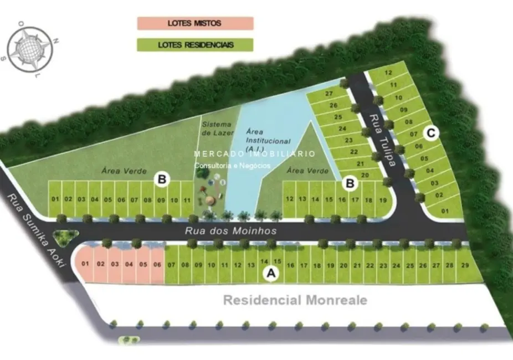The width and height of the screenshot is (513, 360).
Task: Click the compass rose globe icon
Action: click(32, 49)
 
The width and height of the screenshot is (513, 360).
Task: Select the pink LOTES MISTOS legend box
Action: click(195, 23)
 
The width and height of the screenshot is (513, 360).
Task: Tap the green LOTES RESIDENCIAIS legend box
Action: click(195, 44)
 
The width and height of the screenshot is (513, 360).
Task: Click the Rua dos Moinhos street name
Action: click(230, 230)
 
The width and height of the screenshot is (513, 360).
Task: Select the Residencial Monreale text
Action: click(295, 300)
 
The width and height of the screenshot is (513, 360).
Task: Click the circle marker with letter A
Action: click(270, 274)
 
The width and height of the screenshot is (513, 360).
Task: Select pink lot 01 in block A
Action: click(85, 264)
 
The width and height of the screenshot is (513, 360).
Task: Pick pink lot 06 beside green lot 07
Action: click(157, 264)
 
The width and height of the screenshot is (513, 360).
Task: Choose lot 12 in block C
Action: click(388, 73)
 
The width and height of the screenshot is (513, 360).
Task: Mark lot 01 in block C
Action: click(444, 211)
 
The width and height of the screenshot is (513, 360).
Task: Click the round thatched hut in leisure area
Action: click(210, 200)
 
